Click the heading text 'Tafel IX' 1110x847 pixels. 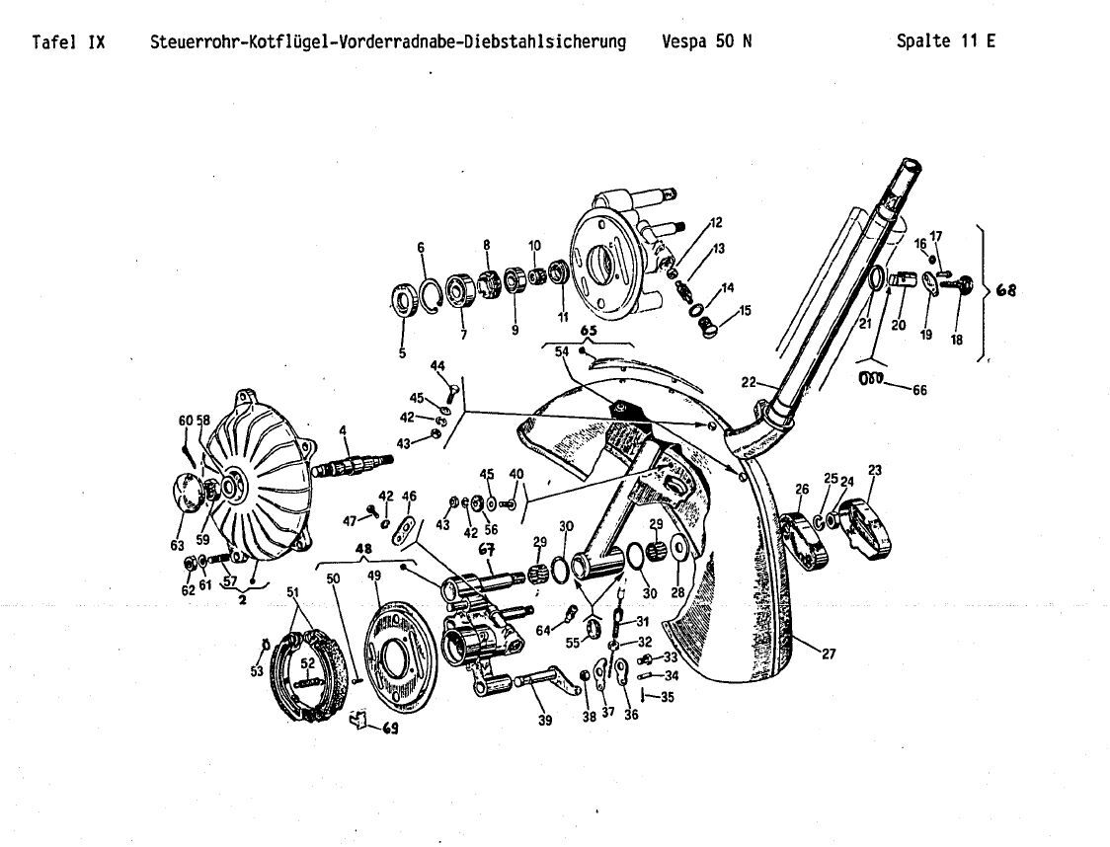coord(68,41)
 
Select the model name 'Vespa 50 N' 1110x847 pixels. coord(707,41)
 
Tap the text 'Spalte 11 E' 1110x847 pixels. coord(945,41)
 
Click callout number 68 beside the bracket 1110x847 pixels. coord(1004,290)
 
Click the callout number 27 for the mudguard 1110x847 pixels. coord(829,653)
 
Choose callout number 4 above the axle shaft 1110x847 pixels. coord(343,429)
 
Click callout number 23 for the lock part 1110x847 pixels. coord(875,469)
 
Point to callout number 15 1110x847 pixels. coord(746,310)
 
